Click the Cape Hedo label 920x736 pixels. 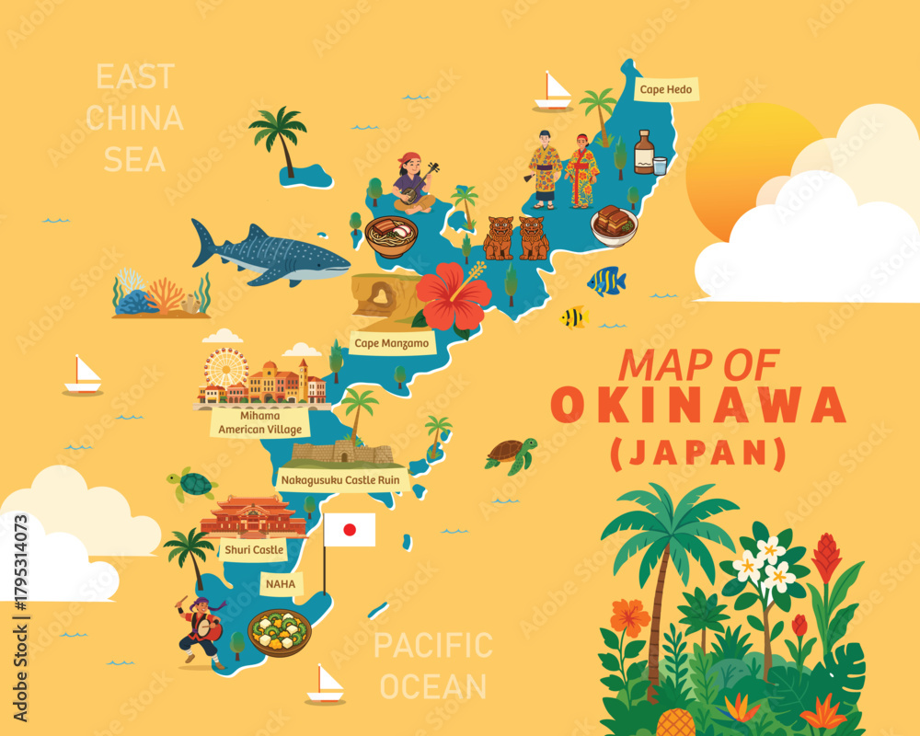[666, 90]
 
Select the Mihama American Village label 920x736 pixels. [260, 422]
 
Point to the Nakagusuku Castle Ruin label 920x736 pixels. [342, 478]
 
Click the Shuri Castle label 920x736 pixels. [253, 550]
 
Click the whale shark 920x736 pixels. [270, 250]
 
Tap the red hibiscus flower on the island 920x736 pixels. [453, 294]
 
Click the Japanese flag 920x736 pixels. [349, 530]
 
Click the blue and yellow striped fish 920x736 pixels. [607, 281]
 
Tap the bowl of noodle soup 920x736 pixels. [393, 236]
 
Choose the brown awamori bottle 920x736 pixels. [644, 152]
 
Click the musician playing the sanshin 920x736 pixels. [416, 184]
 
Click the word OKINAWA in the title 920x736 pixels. [698, 405]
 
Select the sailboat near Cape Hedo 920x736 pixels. [553, 91]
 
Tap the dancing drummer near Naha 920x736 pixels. [201, 630]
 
